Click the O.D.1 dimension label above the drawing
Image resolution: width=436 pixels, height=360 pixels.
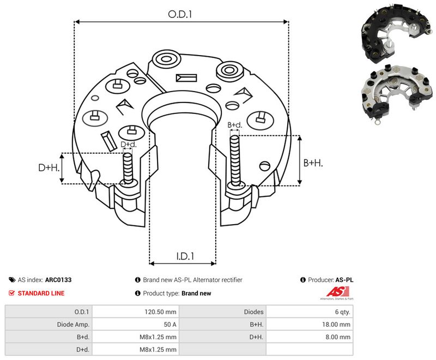(x=180, y=14)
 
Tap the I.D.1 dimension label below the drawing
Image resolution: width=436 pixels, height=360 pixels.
(x=185, y=256)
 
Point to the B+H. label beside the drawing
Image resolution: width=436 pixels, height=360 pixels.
(x=313, y=163)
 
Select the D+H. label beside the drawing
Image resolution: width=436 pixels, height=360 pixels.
(x=49, y=167)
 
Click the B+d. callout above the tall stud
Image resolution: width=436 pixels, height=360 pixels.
(x=235, y=125)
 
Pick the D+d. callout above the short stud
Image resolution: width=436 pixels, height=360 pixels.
(x=129, y=145)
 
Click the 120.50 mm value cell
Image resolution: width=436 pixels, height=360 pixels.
(x=160, y=312)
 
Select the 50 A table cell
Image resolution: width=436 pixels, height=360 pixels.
(x=170, y=325)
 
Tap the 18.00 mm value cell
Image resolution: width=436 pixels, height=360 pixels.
(x=336, y=325)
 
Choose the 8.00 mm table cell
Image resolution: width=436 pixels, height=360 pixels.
(x=338, y=337)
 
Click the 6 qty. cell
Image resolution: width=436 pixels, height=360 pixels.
(x=343, y=312)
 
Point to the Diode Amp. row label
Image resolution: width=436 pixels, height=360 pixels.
(x=73, y=325)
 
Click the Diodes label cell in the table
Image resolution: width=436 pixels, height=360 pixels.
(x=253, y=312)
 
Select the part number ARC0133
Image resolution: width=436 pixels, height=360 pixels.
(x=58, y=280)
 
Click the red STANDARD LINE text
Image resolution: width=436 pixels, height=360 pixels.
(x=41, y=293)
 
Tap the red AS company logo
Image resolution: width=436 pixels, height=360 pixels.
(x=337, y=292)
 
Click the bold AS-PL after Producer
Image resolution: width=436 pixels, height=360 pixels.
(x=344, y=280)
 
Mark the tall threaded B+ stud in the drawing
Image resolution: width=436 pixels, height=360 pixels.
(x=235, y=161)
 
